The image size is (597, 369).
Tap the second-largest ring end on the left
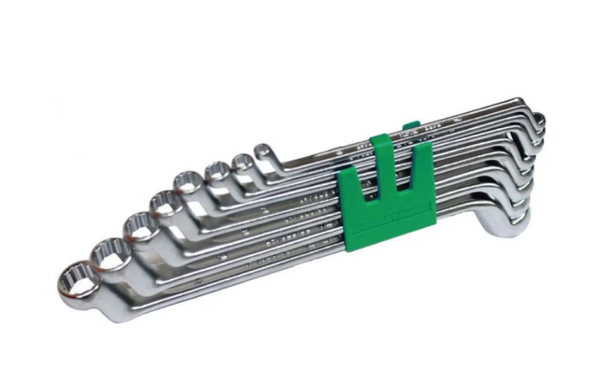pos(111,253)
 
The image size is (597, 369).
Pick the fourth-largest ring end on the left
pos(165,202)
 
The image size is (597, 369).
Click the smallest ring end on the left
pos(263,150)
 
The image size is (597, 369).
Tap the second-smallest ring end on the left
pos(241,163)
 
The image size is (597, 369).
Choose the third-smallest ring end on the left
pos(218,171)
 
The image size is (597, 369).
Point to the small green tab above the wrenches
pos(410,126)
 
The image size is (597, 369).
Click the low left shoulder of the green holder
pos(348,186)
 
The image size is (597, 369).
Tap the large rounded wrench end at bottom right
pos(507,224)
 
